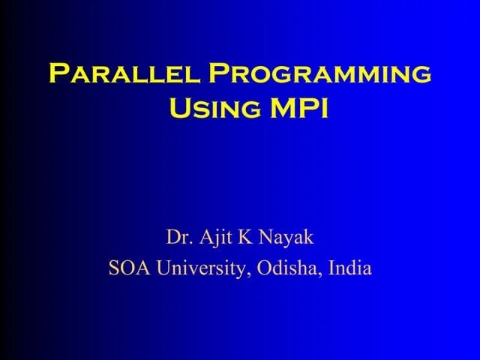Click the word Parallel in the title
click(124, 74)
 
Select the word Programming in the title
click(320, 74)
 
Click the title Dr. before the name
click(178, 238)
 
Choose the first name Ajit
click(217, 238)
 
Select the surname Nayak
click(286, 238)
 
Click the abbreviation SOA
click(126, 268)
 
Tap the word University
click(199, 268)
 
